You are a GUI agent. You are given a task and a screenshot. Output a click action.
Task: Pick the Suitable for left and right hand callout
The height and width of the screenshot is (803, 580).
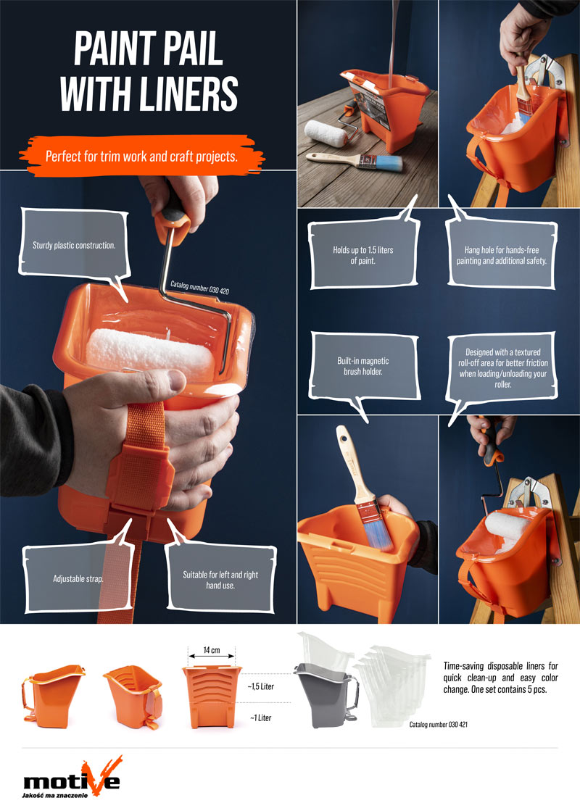(220, 579)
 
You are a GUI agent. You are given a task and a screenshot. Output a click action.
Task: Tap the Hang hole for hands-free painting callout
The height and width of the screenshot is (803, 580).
(502, 254)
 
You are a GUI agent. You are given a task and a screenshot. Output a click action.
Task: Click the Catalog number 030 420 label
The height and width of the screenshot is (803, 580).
(200, 288)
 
